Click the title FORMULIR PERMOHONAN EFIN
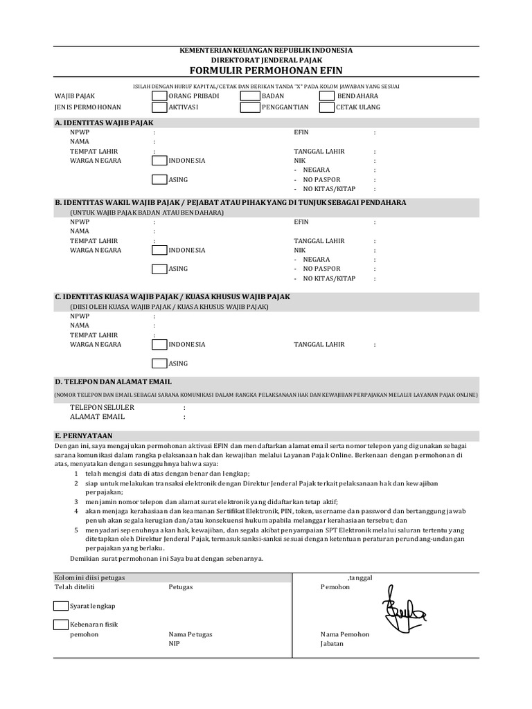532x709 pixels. (266, 71)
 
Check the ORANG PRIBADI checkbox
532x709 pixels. (159, 96)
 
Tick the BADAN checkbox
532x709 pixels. (249, 96)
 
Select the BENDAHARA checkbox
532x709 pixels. (327, 96)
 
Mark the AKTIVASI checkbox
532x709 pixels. (159, 107)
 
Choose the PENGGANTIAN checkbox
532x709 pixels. (249, 107)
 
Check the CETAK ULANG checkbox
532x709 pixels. (327, 107)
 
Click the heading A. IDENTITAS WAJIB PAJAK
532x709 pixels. (104, 123)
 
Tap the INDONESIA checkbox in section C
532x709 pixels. (159, 344)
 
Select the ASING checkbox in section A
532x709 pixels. (159, 179)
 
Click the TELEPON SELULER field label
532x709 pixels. (102, 408)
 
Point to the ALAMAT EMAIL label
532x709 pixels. (97, 417)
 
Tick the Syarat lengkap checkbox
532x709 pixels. (61, 606)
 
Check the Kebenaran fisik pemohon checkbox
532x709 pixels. (61, 625)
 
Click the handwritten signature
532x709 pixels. (404, 610)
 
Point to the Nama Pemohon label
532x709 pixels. (345, 634)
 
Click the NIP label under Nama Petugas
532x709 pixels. (174, 643)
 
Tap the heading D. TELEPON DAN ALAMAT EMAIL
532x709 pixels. (114, 382)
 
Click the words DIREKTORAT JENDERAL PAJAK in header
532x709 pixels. (266, 60)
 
